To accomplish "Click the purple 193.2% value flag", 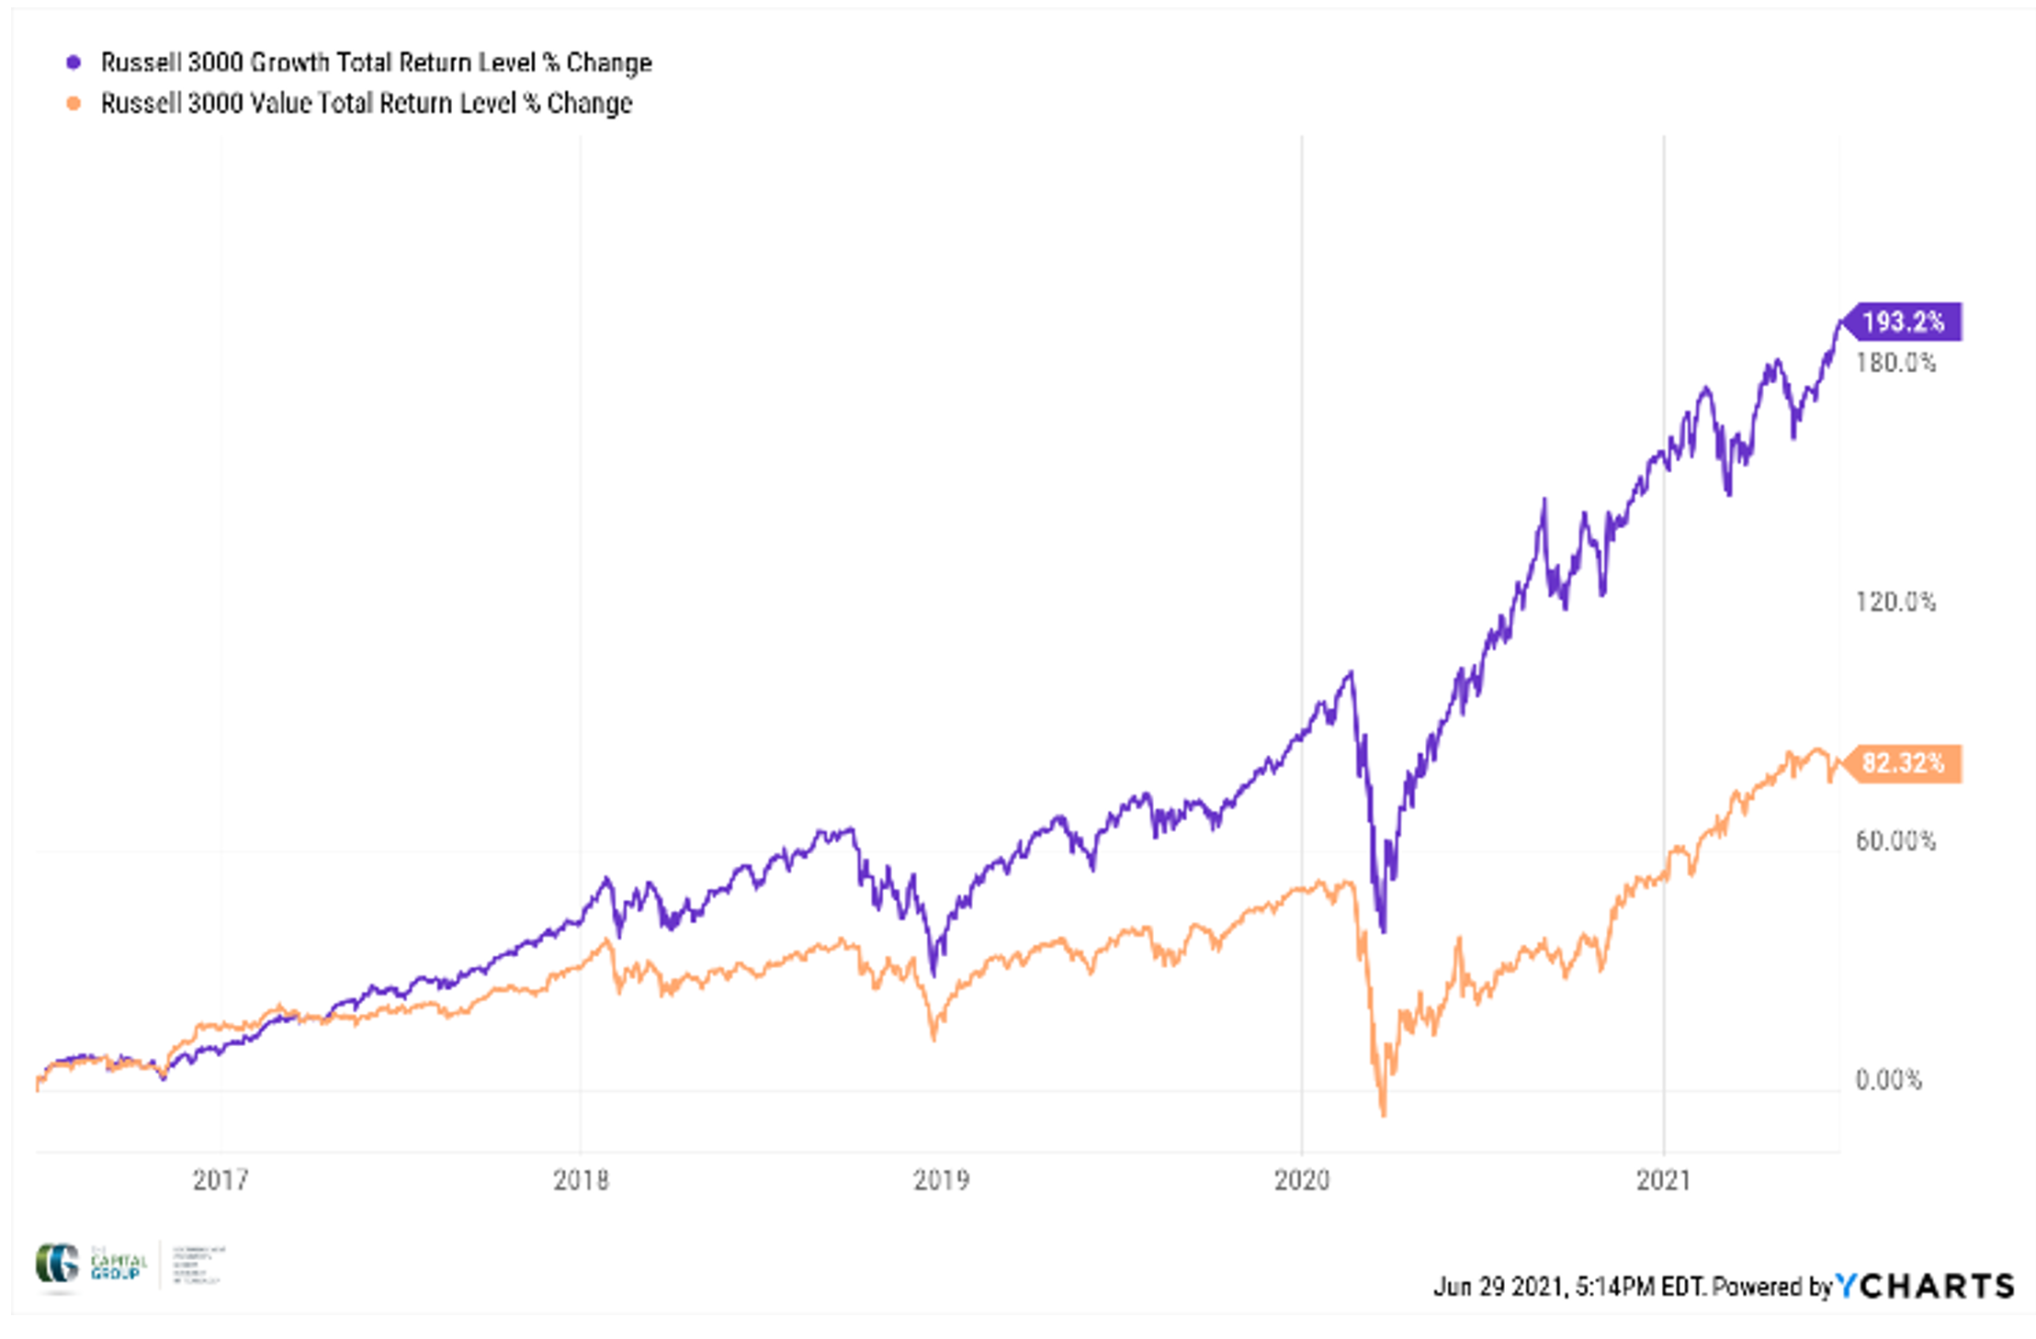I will tap(1903, 321).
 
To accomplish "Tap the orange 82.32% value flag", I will tap(1903, 763).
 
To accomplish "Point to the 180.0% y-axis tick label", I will tap(1895, 363).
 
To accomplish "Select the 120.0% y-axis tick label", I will tap(1895, 602).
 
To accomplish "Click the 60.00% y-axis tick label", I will tap(1895, 840).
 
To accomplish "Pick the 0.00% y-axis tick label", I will tap(1888, 1079).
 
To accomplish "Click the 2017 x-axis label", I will tap(221, 1180).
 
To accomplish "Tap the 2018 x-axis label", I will tap(581, 1180).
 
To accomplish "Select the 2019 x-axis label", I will tap(941, 1180).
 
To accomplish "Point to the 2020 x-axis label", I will tap(1302, 1180).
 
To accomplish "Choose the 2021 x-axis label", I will tap(1663, 1180).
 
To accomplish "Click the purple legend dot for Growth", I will tap(74, 62).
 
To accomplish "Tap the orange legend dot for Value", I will tap(74, 103).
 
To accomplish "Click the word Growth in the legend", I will tap(289, 62).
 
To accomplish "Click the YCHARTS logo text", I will tap(1925, 1286).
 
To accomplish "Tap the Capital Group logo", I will tap(90, 1265).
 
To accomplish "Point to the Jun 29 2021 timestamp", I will tap(1498, 1287).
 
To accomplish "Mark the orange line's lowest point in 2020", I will tap(1384, 1114).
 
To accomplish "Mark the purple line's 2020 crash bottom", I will tap(1384, 930).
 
